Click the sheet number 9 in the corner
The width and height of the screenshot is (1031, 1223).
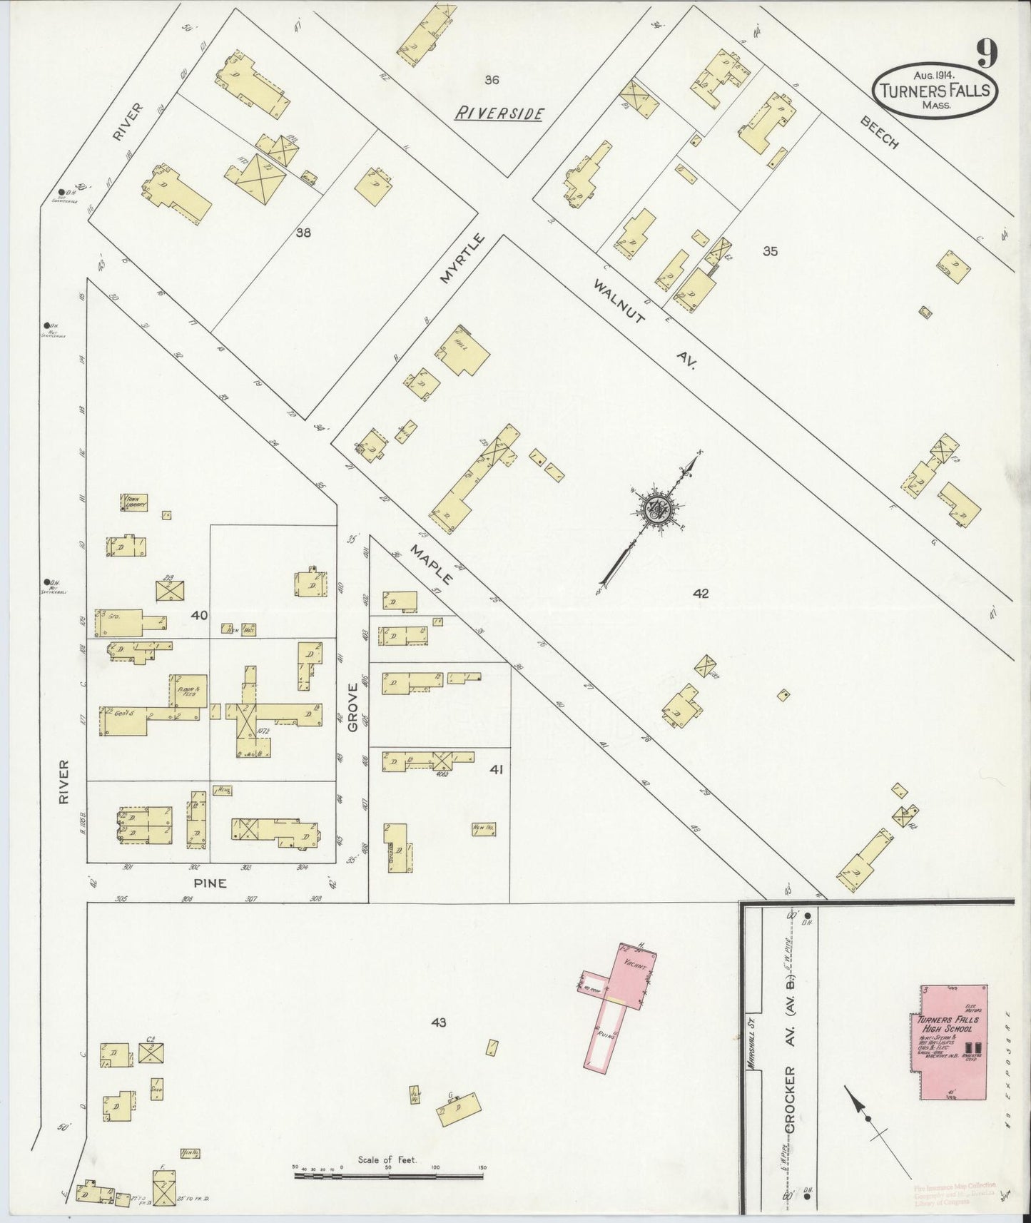pyautogui.click(x=987, y=53)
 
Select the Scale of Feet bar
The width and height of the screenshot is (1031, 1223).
pyautogui.click(x=388, y=1174)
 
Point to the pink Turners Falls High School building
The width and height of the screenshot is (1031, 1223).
pyautogui.click(x=950, y=1042)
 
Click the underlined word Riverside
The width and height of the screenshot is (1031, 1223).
pyautogui.click(x=500, y=113)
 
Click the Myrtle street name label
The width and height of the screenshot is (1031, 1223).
pyautogui.click(x=462, y=258)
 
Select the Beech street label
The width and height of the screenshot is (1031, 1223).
pyautogui.click(x=879, y=132)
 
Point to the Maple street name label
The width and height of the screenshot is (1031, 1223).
pyautogui.click(x=431, y=562)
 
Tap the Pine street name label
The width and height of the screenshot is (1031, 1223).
pyautogui.click(x=210, y=883)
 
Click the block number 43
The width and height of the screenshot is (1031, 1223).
pyautogui.click(x=438, y=1022)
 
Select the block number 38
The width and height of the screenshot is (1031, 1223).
pyautogui.click(x=303, y=232)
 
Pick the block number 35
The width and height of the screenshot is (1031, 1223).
pyautogui.click(x=769, y=251)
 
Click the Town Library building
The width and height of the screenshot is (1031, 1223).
pyautogui.click(x=134, y=502)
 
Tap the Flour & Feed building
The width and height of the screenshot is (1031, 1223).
pyautogui.click(x=188, y=690)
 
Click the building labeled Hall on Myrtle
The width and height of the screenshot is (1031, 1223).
pyautogui.click(x=464, y=350)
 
